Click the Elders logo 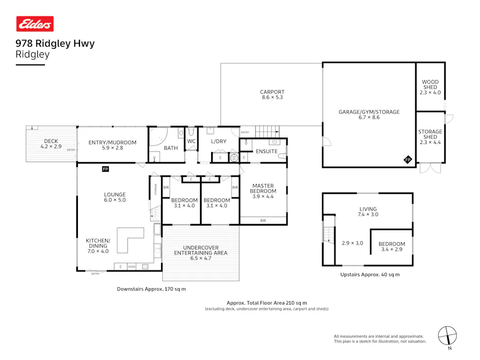tap(35, 24)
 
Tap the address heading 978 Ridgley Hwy tap(55, 44)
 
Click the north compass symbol tap(447, 336)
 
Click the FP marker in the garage tap(407, 159)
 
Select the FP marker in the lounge tap(106, 169)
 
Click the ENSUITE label tap(266, 151)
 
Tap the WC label tap(191, 141)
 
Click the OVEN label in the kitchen tap(131, 267)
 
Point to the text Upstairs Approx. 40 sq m tap(370, 275)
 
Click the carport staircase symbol tap(267, 131)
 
